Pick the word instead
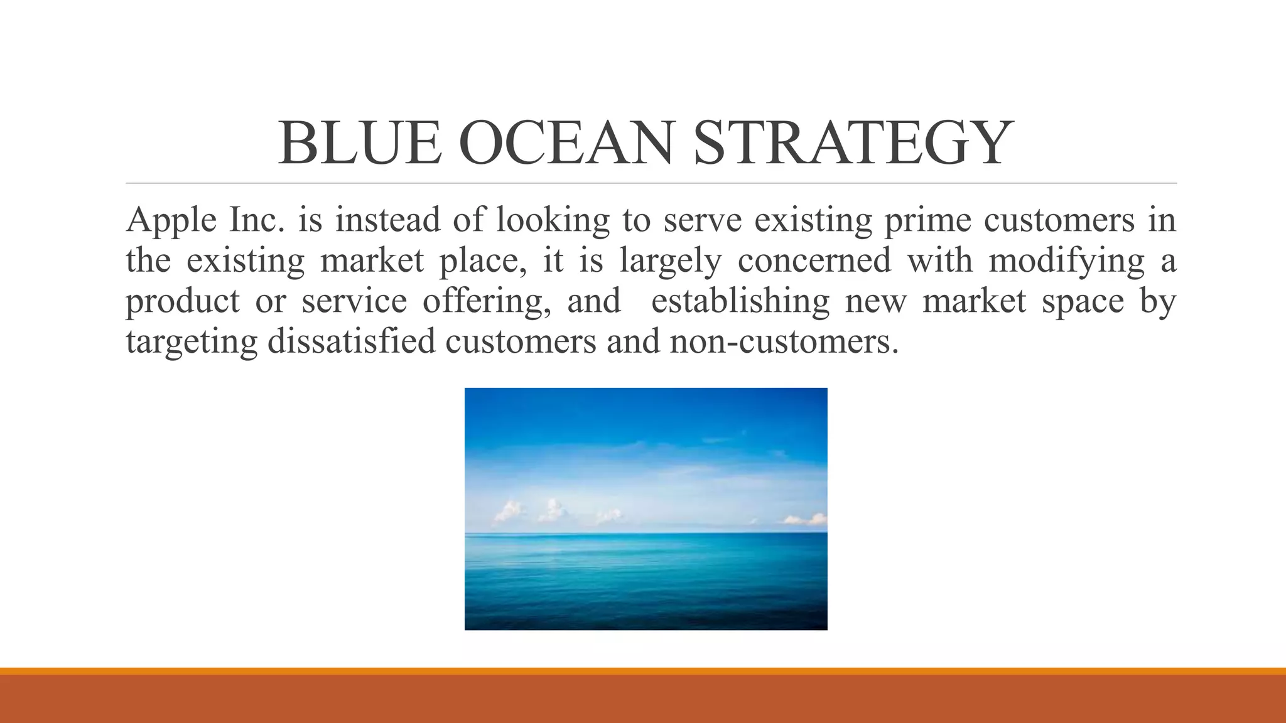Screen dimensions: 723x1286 pos(387,220)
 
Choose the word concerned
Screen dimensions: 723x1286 pos(814,260)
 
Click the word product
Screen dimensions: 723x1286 pos(182,301)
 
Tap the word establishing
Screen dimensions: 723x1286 pos(740,301)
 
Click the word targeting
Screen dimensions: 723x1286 pos(192,343)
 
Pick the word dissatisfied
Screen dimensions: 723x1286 pos(351,341)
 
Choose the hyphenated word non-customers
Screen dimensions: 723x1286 pos(784,341)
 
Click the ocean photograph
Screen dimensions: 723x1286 pos(646,508)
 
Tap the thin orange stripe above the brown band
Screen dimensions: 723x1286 pos(643,671)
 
